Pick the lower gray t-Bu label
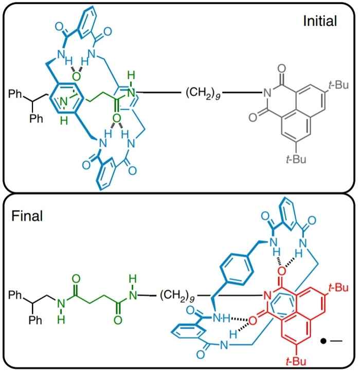pos(297,160)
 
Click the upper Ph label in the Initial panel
pos(16,94)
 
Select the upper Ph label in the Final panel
pos(16,296)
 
